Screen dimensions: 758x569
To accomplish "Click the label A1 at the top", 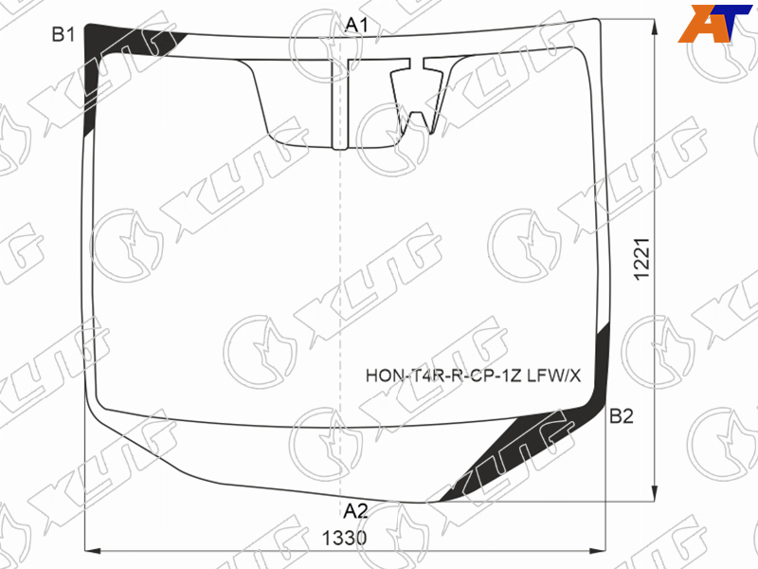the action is point(357,26).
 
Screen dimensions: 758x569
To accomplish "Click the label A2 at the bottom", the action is point(356,511).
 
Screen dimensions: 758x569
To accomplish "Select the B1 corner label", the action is point(63,35).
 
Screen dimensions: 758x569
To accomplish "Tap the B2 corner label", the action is point(622,416).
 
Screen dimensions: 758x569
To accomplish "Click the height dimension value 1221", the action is point(642,259).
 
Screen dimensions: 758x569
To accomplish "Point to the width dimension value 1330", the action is point(345,538).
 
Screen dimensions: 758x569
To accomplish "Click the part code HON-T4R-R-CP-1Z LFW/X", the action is point(473,376).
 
